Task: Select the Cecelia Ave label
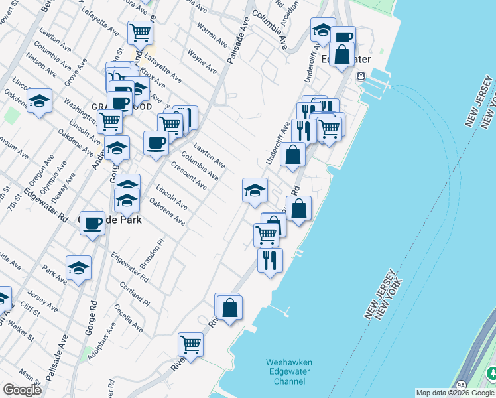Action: click(128, 318)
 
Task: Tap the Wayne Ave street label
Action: click(202, 60)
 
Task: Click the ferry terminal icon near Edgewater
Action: click(361, 76)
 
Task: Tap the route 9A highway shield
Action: click(460, 385)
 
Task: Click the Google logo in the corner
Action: click(22, 389)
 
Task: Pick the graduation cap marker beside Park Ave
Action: click(78, 268)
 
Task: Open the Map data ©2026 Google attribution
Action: click(456, 393)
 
